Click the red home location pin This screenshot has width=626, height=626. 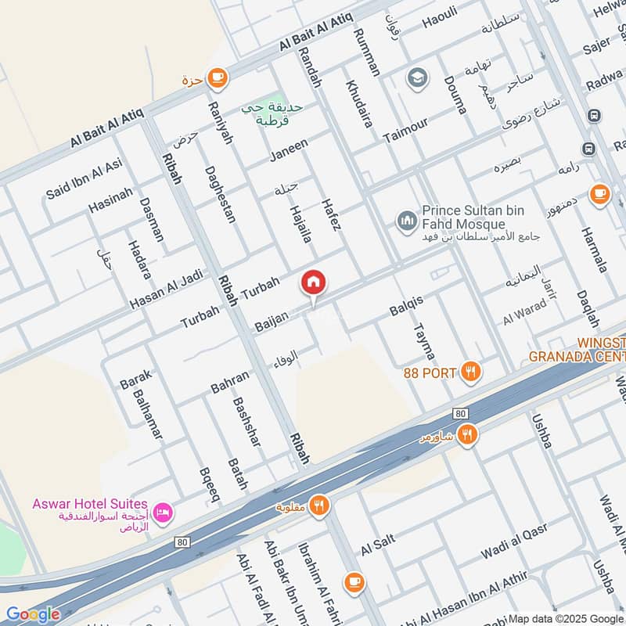click(x=314, y=283)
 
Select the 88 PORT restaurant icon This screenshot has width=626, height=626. click(x=469, y=372)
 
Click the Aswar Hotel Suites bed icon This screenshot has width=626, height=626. click(x=164, y=513)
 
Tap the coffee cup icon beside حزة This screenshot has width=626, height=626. click(x=218, y=78)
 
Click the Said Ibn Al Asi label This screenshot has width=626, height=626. click(x=85, y=178)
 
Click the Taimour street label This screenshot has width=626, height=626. click(x=405, y=129)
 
